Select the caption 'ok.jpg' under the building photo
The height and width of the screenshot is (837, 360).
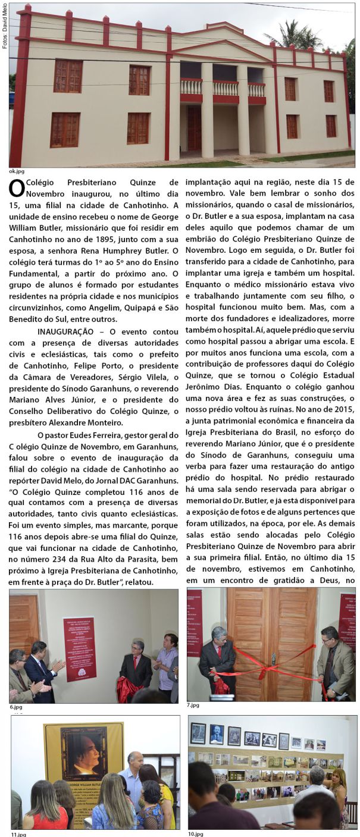17,171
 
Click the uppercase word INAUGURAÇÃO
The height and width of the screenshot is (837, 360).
65,331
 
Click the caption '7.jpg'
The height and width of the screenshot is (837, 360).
193,705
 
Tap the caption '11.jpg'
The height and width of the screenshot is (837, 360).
18,834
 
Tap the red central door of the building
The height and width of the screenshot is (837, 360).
194,128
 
